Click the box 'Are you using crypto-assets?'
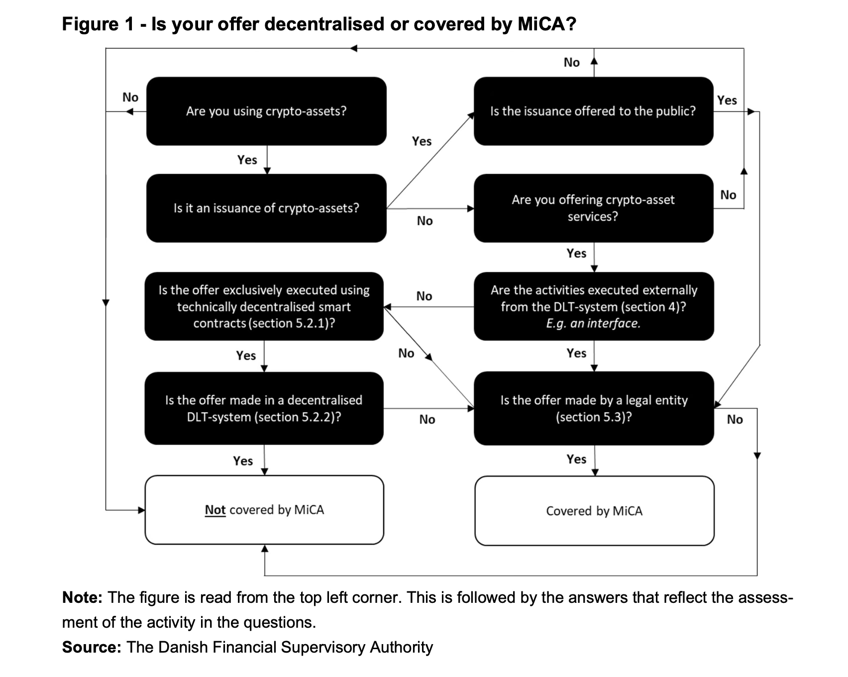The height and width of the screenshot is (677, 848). coord(266,111)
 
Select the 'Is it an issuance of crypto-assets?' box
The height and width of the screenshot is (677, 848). coord(266,208)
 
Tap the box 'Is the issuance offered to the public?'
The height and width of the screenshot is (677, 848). coord(594,111)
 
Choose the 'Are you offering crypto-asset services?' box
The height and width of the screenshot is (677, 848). coord(594,208)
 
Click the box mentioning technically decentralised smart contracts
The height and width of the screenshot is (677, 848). coord(264,306)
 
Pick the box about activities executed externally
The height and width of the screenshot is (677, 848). coord(594,306)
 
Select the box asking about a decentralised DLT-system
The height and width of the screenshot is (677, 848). coord(264,408)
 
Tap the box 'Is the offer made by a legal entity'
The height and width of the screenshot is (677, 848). coord(594,408)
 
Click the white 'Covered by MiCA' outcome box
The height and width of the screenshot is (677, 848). coord(595,511)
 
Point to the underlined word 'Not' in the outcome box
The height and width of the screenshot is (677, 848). coord(215,510)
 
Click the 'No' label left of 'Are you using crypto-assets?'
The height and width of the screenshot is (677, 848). coord(130,97)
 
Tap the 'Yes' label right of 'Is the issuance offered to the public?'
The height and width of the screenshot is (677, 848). coord(727,100)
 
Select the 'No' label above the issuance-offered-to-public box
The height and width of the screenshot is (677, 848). coord(572,62)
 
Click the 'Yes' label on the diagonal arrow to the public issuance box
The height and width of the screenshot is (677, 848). coord(422,141)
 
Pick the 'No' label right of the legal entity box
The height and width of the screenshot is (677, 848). coord(735,419)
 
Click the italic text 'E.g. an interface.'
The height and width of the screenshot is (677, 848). coord(593,323)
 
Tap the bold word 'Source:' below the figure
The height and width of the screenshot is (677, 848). coord(92,647)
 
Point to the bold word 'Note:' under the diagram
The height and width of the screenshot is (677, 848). coord(82,597)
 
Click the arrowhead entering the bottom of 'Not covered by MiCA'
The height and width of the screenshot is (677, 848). coord(265,548)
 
